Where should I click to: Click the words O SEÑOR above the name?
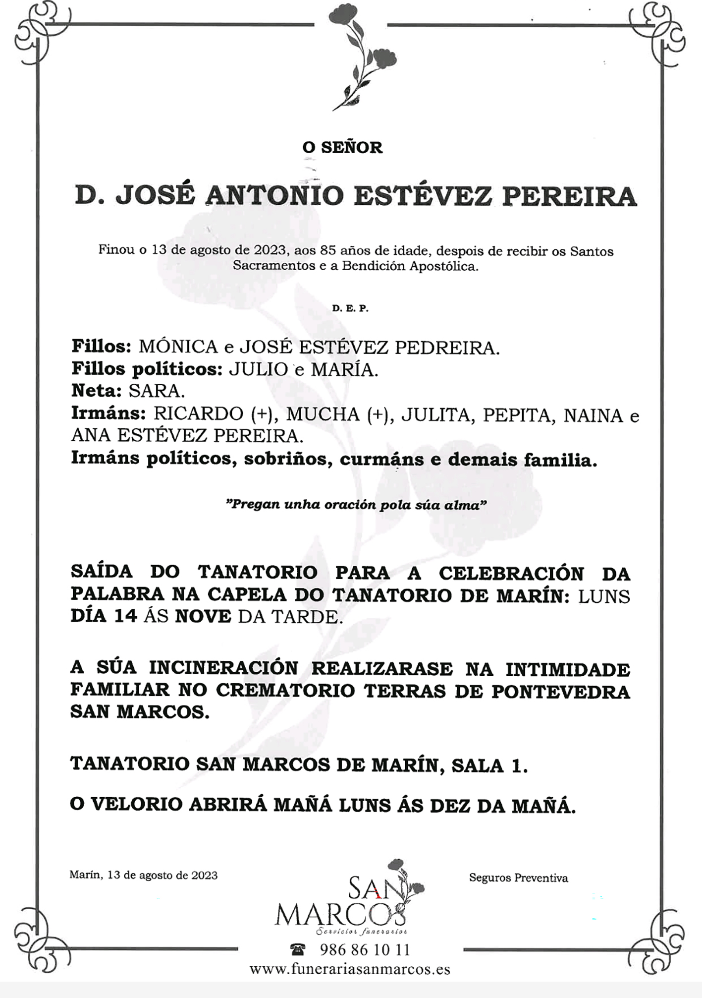(342, 147)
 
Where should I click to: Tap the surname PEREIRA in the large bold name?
(569, 196)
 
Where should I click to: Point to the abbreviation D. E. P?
(350, 308)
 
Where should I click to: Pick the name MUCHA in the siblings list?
(323, 414)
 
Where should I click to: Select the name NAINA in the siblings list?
(593, 415)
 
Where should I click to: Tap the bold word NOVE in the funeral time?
(203, 616)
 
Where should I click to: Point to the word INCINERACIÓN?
(223, 668)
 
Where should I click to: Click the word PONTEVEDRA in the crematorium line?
(560, 692)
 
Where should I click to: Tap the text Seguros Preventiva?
(518, 878)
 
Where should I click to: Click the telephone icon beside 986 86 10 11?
(297, 949)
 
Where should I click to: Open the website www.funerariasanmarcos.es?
(350, 969)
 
